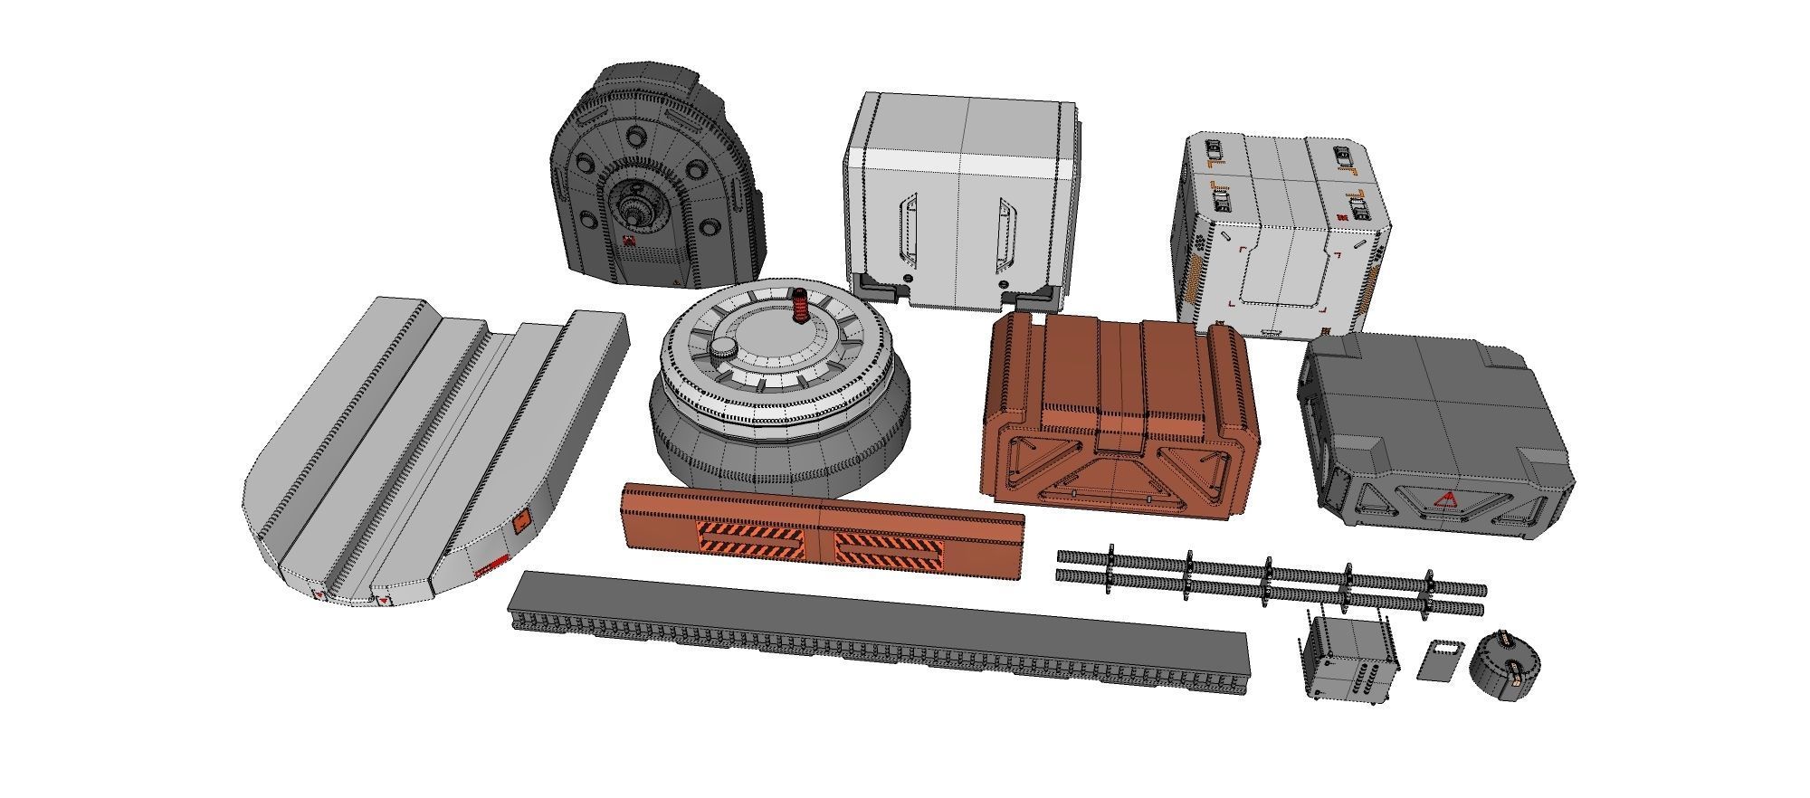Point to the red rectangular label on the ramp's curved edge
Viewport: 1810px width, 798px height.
[x=491, y=566]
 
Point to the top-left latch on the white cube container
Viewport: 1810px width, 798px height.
[x=1212, y=149]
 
